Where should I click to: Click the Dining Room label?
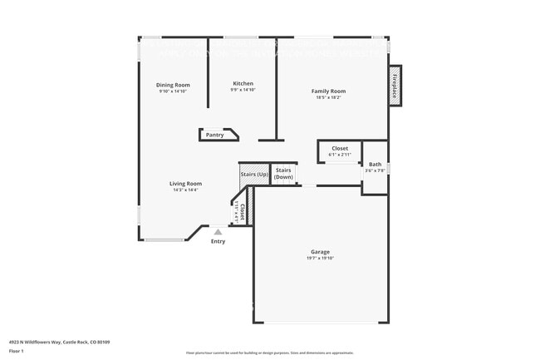173,85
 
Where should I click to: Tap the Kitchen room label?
243,83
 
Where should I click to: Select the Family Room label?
328,91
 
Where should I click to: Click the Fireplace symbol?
395,86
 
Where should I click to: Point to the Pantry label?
214,135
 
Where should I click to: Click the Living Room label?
186,183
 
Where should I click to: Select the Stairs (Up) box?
254,175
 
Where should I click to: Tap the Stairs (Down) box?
284,174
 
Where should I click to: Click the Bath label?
376,165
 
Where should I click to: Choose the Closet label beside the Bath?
340,148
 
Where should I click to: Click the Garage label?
320,251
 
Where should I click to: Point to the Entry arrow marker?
218,232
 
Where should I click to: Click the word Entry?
218,242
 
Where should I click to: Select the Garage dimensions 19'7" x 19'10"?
320,258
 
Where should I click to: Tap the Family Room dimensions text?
328,97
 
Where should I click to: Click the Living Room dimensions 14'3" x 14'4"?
186,190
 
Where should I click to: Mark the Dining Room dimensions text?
173,91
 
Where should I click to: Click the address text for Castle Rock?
60,341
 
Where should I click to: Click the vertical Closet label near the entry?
240,212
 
